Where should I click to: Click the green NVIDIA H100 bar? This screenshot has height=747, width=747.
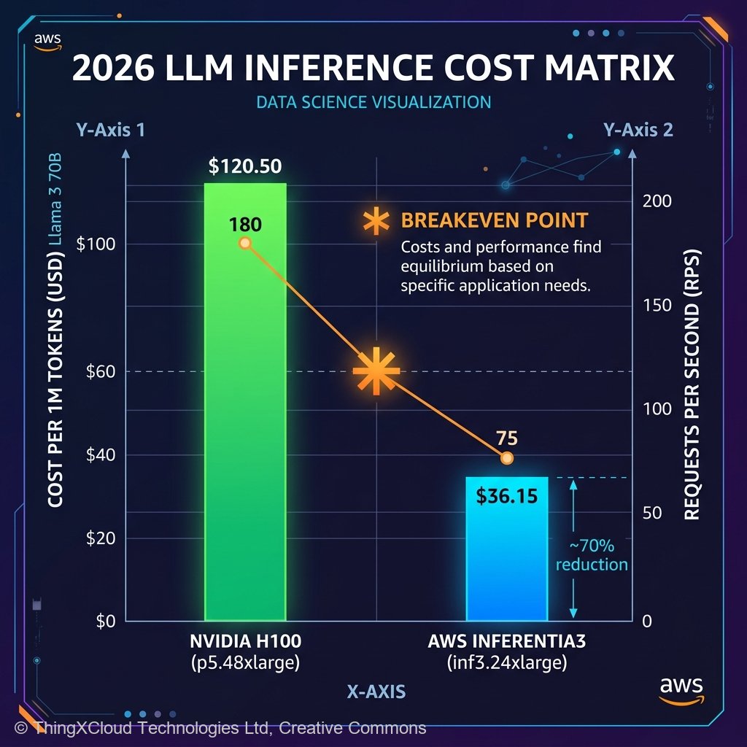pos(245,438)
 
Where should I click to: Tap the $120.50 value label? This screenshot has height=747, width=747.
pos(245,166)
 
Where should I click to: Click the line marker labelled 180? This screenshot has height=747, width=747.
pos(245,243)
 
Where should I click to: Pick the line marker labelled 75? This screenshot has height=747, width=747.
pos(507,457)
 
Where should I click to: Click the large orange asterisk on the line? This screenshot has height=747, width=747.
pos(376,371)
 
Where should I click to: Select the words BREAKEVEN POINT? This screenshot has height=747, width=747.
pos(495,220)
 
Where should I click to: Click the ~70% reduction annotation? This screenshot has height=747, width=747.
pos(591,555)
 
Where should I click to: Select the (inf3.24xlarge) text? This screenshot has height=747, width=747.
pos(506,663)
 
